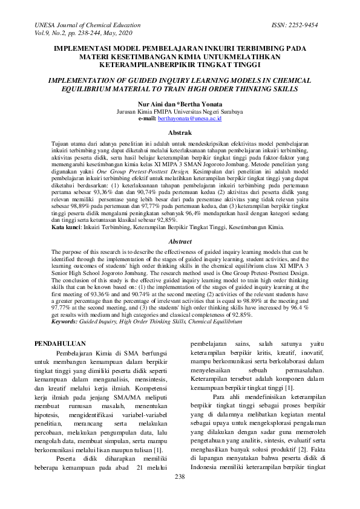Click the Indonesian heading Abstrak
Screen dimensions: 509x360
click(180, 132)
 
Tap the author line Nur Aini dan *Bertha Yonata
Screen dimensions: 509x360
click(180, 104)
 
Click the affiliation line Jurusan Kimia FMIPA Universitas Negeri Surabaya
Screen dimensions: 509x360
click(180, 112)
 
